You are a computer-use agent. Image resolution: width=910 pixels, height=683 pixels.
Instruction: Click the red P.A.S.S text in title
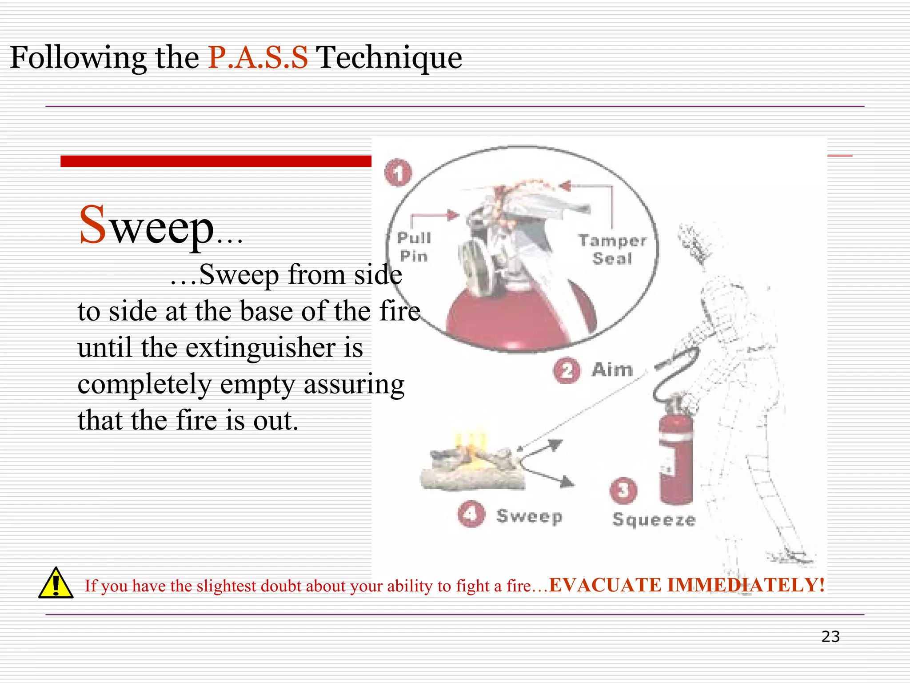click(258, 58)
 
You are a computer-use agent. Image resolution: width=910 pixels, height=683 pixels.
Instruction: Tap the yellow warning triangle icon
click(56, 583)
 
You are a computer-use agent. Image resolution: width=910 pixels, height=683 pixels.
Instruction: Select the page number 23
click(830, 637)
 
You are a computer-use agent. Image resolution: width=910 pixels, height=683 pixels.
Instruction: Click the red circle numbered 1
click(398, 173)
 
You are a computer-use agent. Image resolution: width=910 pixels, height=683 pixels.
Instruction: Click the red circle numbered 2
click(567, 370)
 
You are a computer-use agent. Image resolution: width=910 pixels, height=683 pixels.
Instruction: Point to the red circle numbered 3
click(623, 490)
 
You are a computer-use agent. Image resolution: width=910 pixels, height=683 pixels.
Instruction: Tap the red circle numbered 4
click(471, 514)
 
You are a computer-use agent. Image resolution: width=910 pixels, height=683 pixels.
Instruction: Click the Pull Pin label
click(414, 247)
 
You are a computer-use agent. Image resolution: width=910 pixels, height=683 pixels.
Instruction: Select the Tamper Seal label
click(612, 249)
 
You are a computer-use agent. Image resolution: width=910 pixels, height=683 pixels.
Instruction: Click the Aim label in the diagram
click(612, 370)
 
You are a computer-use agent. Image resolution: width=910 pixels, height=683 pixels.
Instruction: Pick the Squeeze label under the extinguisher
click(654, 520)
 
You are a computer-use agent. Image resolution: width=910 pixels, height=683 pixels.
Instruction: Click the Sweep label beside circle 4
click(529, 516)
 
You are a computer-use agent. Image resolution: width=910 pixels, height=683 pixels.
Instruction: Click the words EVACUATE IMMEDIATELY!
click(686, 585)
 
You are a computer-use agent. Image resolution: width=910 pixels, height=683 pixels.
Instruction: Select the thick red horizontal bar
click(216, 161)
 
